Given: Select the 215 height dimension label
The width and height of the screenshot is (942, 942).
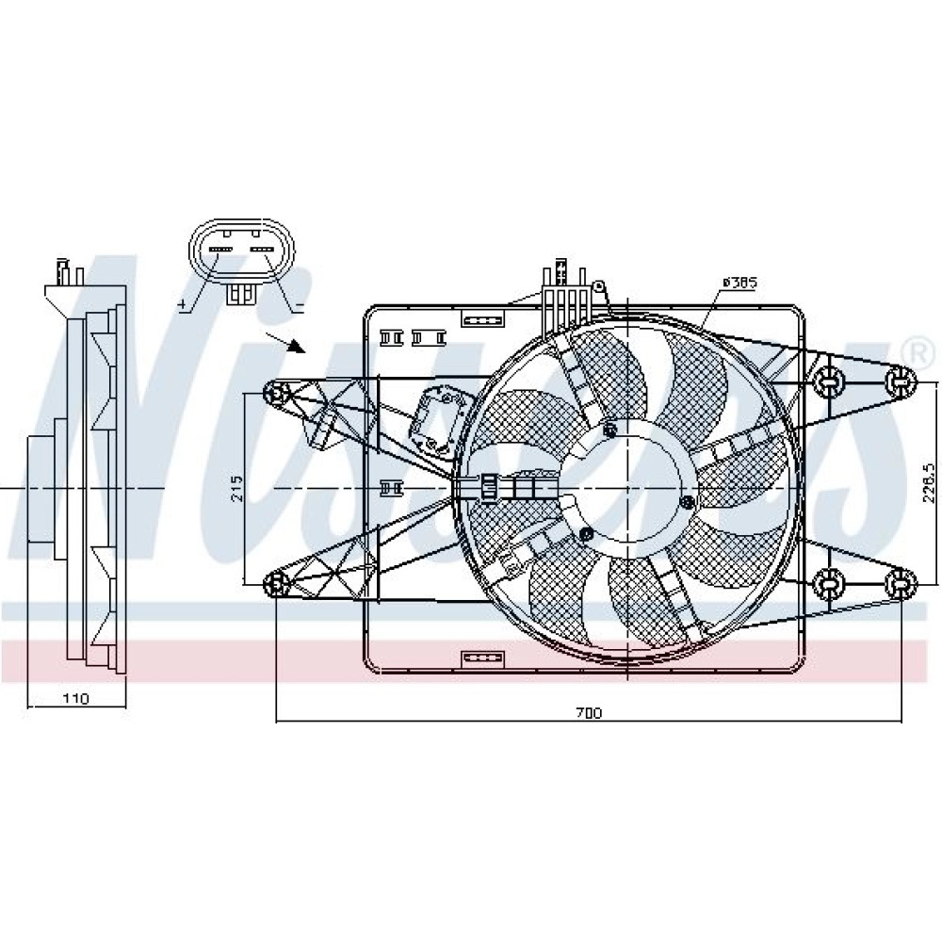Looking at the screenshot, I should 236,488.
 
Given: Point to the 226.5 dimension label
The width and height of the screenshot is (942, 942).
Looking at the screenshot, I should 928,488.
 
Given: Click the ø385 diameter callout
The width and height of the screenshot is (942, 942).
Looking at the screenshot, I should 739,282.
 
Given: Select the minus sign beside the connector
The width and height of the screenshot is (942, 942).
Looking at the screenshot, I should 298,306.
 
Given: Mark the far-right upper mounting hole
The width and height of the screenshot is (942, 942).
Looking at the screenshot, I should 901,380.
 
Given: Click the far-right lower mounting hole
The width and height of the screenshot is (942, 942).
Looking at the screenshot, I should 901,584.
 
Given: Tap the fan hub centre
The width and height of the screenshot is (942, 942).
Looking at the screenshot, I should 629,488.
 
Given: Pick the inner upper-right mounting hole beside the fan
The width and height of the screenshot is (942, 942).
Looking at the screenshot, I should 828,380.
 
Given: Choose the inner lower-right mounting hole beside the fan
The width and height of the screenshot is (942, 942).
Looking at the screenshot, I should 828,584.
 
